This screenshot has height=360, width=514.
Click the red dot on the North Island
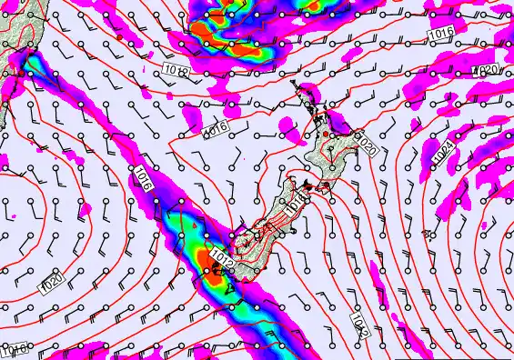(327, 135)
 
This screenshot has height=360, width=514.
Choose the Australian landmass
(14, 27)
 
